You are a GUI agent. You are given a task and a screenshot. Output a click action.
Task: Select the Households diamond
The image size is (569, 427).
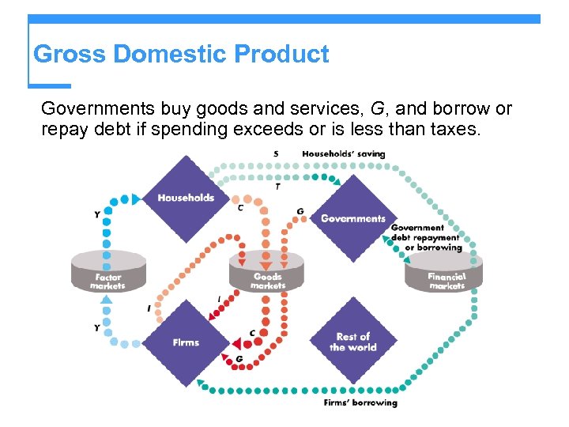tap(187, 198)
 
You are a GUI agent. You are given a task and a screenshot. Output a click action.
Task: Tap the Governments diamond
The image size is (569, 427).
tap(352, 218)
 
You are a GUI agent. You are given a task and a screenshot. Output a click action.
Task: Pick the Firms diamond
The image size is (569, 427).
tap(186, 342)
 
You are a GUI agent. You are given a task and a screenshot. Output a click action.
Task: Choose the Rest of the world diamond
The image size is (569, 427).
tap(352, 342)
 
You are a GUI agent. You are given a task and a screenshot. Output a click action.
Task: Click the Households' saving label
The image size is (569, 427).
tap(344, 153)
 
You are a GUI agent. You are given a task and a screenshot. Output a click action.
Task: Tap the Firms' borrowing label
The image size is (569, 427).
tap(360, 402)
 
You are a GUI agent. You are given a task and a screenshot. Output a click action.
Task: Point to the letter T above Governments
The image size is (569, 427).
tap(277, 187)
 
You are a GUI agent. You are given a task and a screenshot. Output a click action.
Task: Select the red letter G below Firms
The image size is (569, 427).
tap(239, 359)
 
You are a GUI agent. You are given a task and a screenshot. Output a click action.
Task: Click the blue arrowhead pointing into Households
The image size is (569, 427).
tap(136, 198)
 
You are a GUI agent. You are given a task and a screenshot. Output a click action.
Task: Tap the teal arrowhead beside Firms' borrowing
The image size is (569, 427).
tap(202, 385)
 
